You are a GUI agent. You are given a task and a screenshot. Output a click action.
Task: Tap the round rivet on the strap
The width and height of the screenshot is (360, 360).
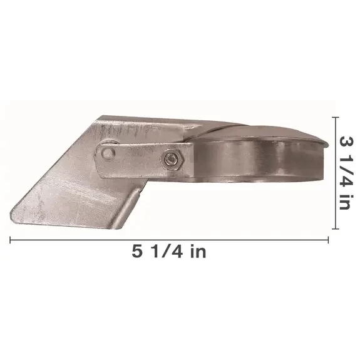click(108, 153)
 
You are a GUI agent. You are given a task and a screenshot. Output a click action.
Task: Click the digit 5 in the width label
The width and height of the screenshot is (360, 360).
click(137, 251)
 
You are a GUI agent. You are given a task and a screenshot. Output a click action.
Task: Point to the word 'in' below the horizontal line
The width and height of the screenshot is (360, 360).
click(198, 251)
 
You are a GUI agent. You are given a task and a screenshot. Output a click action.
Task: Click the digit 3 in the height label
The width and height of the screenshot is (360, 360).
click(346, 141)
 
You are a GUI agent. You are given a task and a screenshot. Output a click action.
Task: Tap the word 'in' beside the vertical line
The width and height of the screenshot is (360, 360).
click(346, 202)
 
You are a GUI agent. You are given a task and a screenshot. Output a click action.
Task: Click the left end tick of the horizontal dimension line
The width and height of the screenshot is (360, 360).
click(10, 240)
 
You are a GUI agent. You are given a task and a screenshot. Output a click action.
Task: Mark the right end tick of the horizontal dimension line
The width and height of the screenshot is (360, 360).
click(328, 240)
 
